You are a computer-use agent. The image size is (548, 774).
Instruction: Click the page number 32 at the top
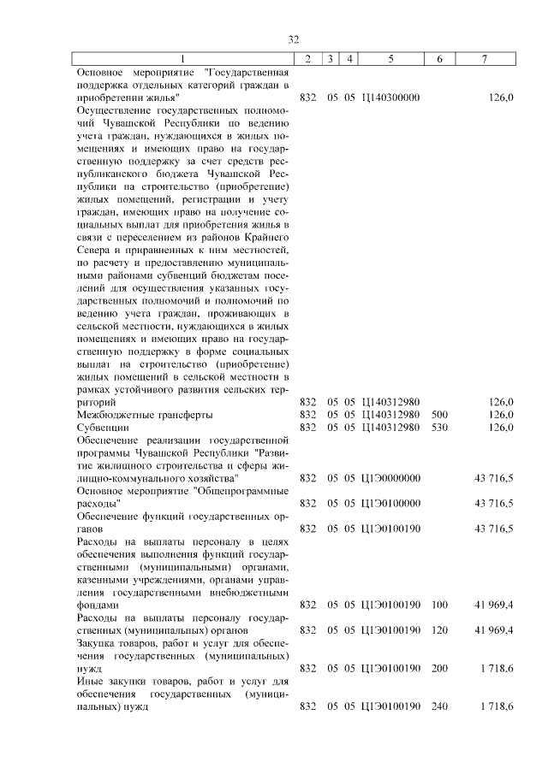click(x=293, y=40)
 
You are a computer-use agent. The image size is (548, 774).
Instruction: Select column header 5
click(x=390, y=59)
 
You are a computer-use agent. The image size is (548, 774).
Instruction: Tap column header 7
click(x=485, y=59)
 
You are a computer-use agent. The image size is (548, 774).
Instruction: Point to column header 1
click(x=182, y=59)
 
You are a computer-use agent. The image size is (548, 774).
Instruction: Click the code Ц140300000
click(x=390, y=99)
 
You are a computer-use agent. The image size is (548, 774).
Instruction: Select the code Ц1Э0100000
click(x=390, y=504)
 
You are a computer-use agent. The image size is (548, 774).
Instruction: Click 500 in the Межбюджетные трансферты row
click(x=439, y=415)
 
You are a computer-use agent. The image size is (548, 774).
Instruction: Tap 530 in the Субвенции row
click(x=439, y=428)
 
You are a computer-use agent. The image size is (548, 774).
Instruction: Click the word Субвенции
click(x=103, y=428)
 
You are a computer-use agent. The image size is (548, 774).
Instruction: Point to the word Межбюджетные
click(x=111, y=415)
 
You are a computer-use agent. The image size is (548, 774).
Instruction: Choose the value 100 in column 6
click(x=439, y=605)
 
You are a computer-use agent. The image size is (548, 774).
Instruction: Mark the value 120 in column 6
click(x=439, y=630)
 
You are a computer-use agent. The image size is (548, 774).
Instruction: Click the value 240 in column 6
click(x=439, y=706)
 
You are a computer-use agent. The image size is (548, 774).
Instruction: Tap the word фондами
click(x=98, y=605)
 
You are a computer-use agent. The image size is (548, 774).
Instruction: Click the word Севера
click(x=94, y=250)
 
